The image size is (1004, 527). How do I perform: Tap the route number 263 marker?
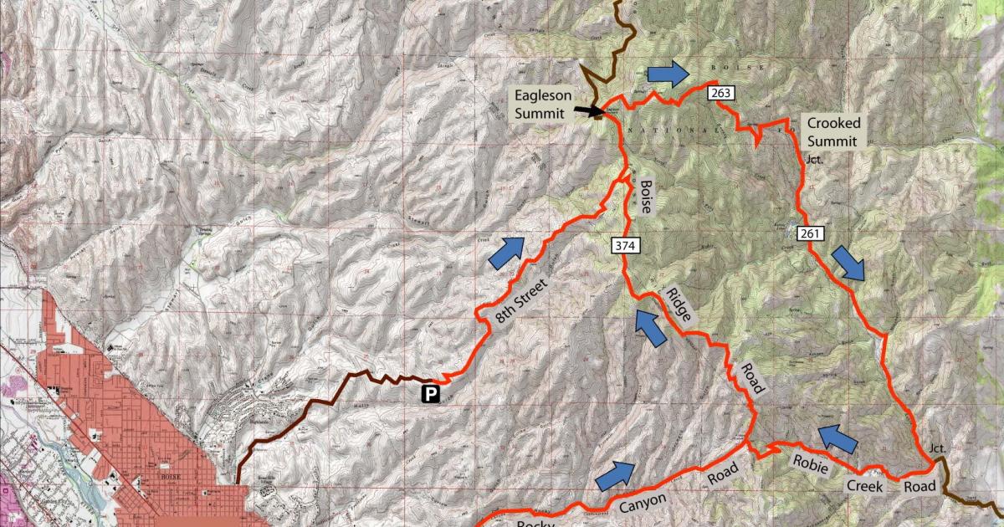tap(720, 93)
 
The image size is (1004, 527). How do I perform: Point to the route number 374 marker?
tap(624, 246)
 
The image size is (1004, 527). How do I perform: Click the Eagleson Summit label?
tap(542, 104)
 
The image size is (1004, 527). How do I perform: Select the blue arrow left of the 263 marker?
tap(668, 74)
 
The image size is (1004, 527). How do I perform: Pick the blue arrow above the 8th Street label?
tap(506, 253)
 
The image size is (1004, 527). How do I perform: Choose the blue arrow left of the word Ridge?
tap(649, 327)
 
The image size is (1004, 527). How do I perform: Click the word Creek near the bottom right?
tap(863, 484)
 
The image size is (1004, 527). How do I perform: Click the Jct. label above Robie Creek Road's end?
tap(938, 448)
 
